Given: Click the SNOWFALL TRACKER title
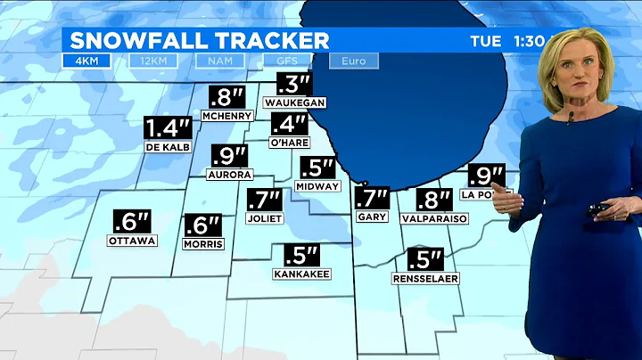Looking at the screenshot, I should pyautogui.click(x=199, y=40).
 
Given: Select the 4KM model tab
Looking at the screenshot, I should pyautogui.click(x=86, y=61).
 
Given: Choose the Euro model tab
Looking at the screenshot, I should pyautogui.click(x=353, y=61).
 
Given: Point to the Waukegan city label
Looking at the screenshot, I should pyautogui.click(x=294, y=102).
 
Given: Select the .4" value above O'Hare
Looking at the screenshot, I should pyautogui.click(x=289, y=125).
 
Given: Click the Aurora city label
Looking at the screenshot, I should pyautogui.click(x=230, y=175).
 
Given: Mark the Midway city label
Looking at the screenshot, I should pyautogui.click(x=318, y=186).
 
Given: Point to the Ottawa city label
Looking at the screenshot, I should pyautogui.click(x=132, y=241).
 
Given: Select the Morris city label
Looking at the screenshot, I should pyautogui.click(x=202, y=244).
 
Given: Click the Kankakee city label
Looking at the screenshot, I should pyautogui.click(x=302, y=274).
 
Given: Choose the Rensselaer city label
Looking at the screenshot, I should pyautogui.click(x=424, y=279).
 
